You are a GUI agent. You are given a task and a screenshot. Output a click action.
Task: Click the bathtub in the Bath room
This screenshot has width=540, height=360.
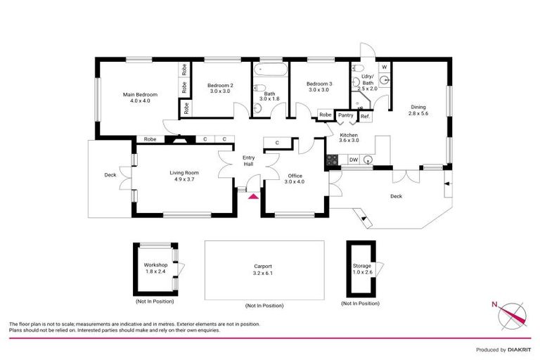269,70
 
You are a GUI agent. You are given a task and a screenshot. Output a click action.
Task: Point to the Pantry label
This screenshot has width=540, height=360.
345,115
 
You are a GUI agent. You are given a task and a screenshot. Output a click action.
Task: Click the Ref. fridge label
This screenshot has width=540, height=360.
365,115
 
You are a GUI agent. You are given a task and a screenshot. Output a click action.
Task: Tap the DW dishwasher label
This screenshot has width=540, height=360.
354,160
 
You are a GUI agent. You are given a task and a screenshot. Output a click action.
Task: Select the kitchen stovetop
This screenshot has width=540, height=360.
331,160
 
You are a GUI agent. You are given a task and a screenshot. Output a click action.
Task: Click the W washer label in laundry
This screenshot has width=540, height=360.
384,67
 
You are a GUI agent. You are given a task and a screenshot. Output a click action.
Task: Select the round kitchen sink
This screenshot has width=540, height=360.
367,160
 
